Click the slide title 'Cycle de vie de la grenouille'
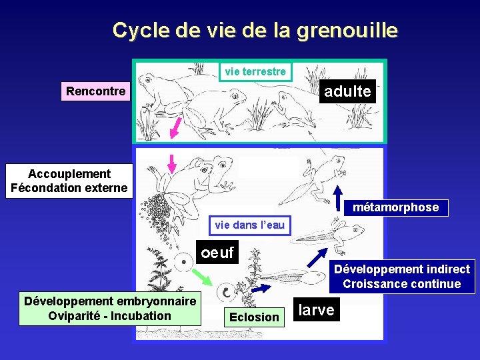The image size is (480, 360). pyautogui.click(x=255, y=31)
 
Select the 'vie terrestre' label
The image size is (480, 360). pyautogui.click(x=255, y=71)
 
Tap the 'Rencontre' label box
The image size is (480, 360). pyautogui.click(x=96, y=91)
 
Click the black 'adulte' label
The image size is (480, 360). pyautogui.click(x=347, y=91)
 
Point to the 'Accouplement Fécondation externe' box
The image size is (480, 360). pyautogui.click(x=69, y=181)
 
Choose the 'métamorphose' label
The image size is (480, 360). pyautogui.click(x=395, y=207)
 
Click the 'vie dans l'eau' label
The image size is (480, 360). pyautogui.click(x=249, y=225)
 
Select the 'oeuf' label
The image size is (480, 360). pyautogui.click(x=217, y=253)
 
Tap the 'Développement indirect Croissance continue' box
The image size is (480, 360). pyautogui.click(x=402, y=277)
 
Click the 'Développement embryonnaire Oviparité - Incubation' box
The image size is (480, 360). pyautogui.click(x=110, y=309)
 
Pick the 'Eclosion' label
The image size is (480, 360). pyautogui.click(x=254, y=317)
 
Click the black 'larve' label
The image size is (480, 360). pyautogui.click(x=316, y=310)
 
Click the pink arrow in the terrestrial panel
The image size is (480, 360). pyautogui.click(x=176, y=127)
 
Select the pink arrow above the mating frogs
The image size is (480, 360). pyautogui.click(x=172, y=163)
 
